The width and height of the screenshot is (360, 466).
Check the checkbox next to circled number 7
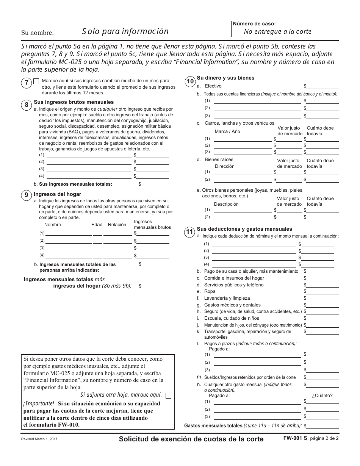36,81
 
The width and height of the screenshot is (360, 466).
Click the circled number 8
26,105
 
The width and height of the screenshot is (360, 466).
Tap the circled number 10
190,81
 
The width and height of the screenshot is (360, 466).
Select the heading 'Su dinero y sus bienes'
225,78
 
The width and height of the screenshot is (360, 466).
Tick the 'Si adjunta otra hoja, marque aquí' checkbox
169,396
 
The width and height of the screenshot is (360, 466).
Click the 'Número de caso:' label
254,23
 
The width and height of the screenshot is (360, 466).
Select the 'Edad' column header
97,225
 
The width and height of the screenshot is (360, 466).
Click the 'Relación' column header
117,225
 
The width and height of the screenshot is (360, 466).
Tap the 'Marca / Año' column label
227,131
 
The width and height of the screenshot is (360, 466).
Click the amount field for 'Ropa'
323,292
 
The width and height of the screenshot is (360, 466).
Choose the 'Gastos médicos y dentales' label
232,305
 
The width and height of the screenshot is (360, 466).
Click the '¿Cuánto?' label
322,396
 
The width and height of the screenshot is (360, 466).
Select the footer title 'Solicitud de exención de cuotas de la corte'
191,439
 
